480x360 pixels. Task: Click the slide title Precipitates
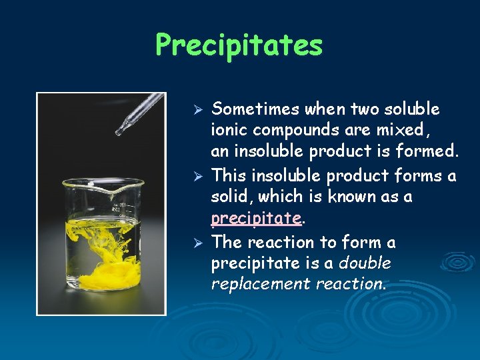(239, 46)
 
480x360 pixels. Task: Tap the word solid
(231, 197)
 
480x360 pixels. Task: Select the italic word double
(365, 263)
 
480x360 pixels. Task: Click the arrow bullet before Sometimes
(197, 109)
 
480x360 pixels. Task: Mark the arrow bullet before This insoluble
(197, 177)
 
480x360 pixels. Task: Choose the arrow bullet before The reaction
(197, 243)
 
